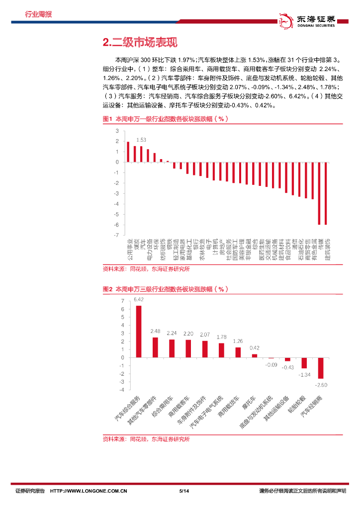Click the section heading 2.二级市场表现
coord(139,43)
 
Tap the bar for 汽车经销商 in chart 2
coord(321,368)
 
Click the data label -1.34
coord(304,374)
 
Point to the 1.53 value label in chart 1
coord(141,140)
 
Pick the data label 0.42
coord(255,348)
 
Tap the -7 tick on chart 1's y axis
coord(117,235)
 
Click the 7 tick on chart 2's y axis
coord(122,301)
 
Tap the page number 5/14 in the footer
coord(183,491)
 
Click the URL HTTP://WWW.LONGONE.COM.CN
coord(90,491)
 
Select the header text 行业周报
coord(38,14)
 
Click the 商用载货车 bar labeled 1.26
coord(238,352)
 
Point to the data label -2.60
coord(321,385)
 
